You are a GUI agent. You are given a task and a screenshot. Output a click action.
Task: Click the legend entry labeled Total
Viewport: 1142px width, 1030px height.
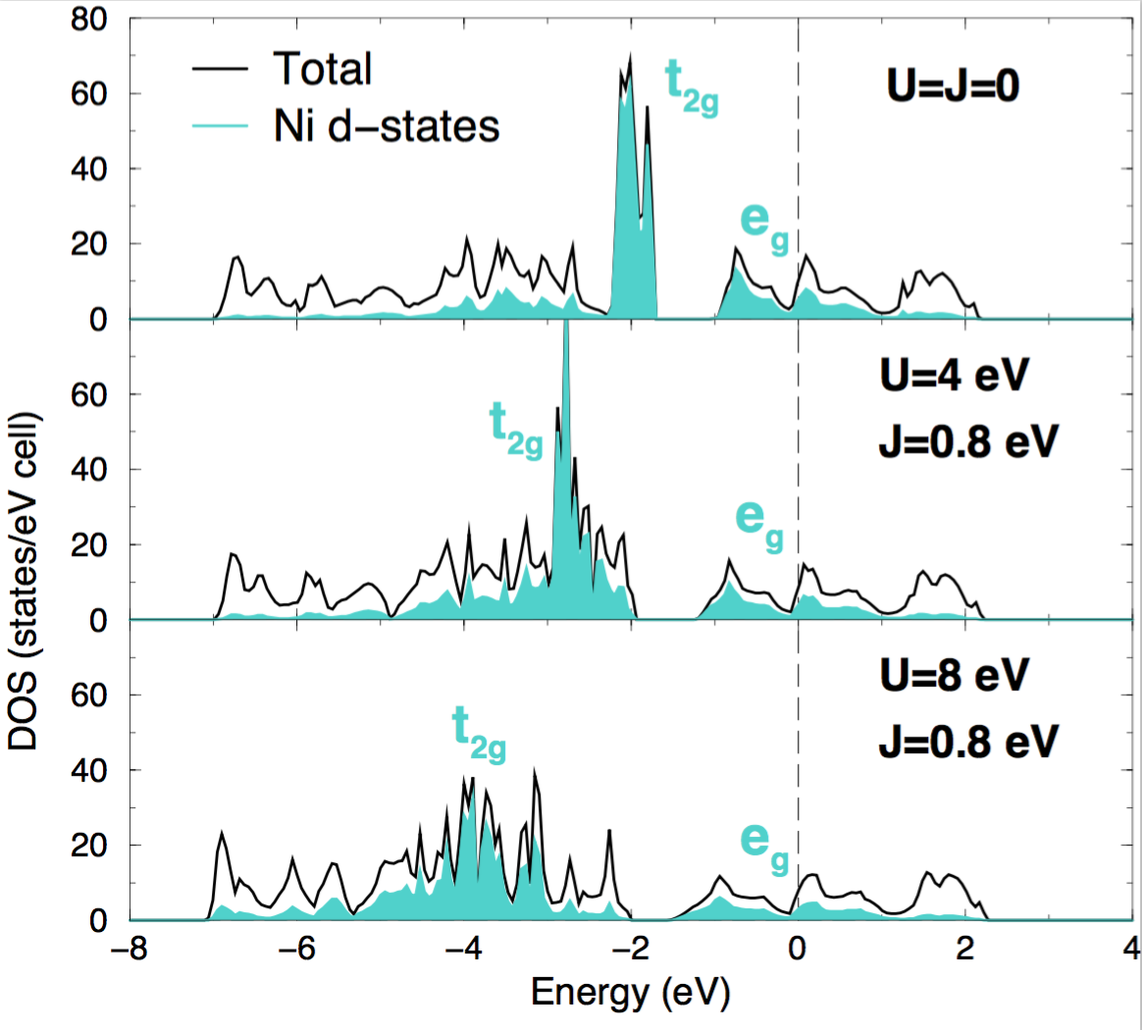pos(323,69)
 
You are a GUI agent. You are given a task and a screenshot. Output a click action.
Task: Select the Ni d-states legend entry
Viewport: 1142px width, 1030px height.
pos(387,126)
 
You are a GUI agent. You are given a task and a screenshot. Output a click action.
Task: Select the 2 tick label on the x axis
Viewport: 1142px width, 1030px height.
pos(965,951)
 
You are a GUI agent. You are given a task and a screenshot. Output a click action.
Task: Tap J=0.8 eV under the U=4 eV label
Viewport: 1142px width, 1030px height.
pos(967,441)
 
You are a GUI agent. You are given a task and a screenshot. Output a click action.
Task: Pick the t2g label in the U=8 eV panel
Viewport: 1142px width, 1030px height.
pos(479,735)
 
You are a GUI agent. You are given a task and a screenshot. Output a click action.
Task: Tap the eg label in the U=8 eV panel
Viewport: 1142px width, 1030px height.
pos(764,845)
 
